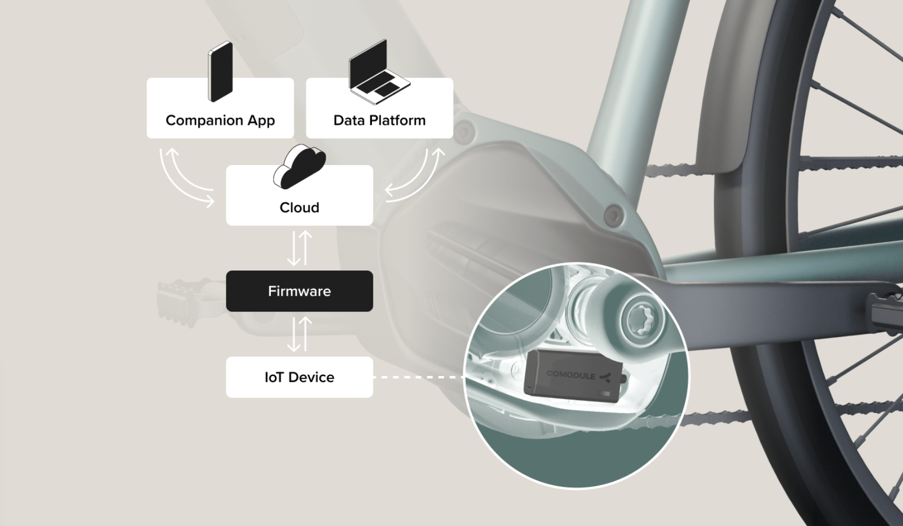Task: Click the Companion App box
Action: click(220, 109)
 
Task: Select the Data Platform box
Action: click(379, 109)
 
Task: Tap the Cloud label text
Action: click(299, 208)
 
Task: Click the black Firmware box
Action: click(299, 291)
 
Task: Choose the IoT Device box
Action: click(299, 377)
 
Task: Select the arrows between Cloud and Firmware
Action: click(299, 248)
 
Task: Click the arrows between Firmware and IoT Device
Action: click(299, 334)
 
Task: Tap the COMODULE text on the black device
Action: click(570, 374)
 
